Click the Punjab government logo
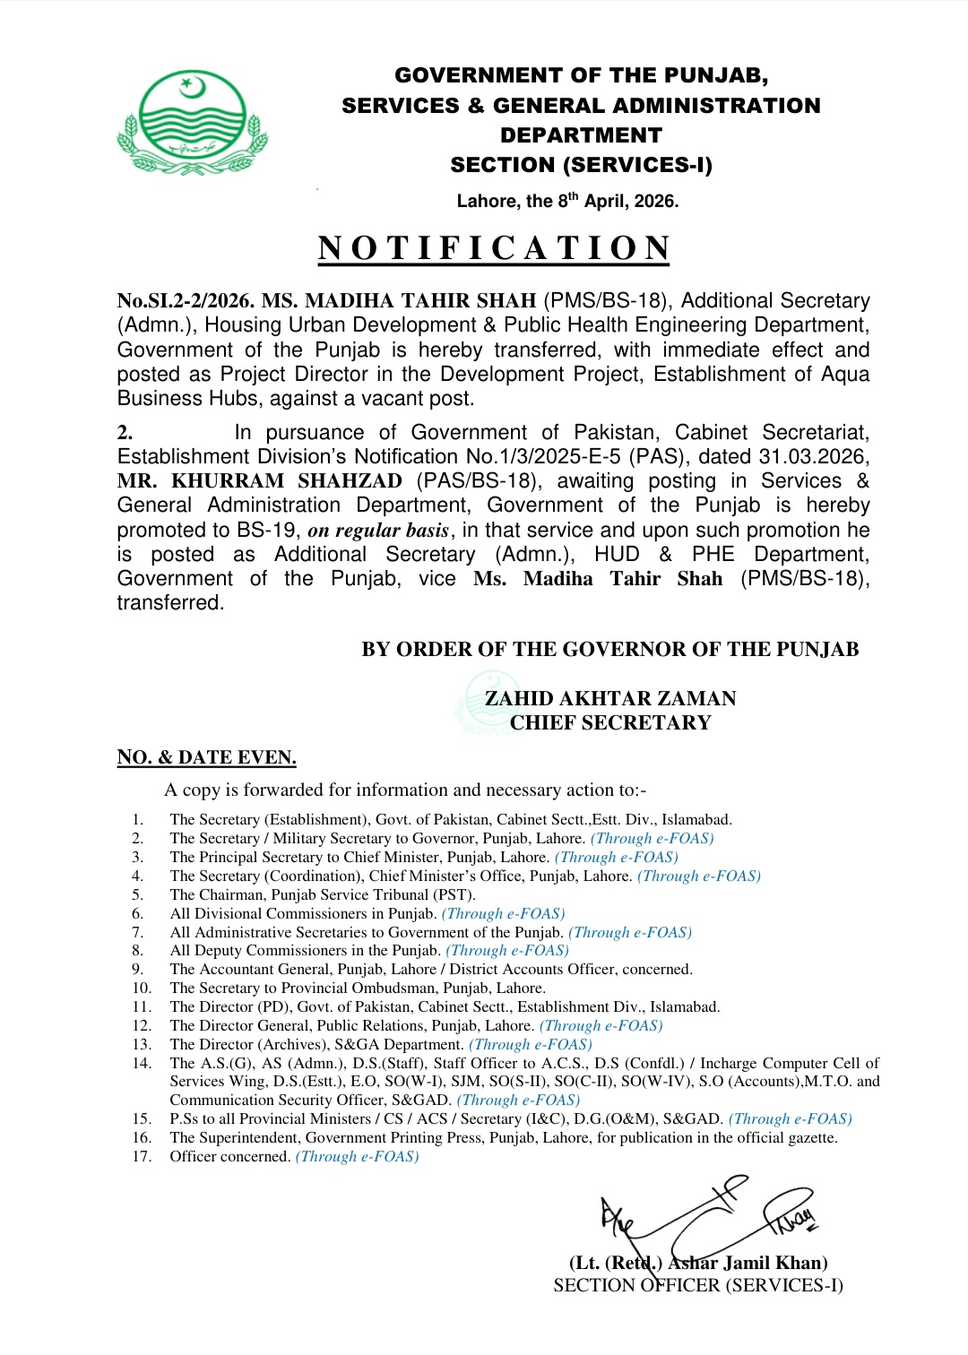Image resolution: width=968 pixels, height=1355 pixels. (192, 123)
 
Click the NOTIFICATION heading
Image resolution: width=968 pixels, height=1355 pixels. (494, 248)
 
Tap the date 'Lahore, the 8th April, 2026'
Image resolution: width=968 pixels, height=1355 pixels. (567, 201)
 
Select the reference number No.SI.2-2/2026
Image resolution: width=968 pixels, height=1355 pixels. (186, 301)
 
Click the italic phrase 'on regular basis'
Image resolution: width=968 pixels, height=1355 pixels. (377, 531)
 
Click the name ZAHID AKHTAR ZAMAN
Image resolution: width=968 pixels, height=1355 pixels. (610, 699)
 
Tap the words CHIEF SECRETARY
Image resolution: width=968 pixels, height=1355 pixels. (610, 723)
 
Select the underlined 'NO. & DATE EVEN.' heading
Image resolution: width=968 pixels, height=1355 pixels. (206, 758)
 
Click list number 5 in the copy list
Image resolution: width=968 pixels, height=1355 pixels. (137, 895)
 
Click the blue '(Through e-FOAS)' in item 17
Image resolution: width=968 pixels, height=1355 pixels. (357, 1157)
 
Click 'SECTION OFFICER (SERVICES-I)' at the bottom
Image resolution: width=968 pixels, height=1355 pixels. (698, 1286)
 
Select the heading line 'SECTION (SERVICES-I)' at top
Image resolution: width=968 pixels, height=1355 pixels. (581, 165)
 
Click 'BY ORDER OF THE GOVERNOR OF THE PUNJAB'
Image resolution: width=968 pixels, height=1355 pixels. (609, 650)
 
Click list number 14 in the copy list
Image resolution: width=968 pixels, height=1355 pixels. (142, 1064)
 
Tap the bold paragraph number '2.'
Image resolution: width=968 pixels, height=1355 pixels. (125, 433)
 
